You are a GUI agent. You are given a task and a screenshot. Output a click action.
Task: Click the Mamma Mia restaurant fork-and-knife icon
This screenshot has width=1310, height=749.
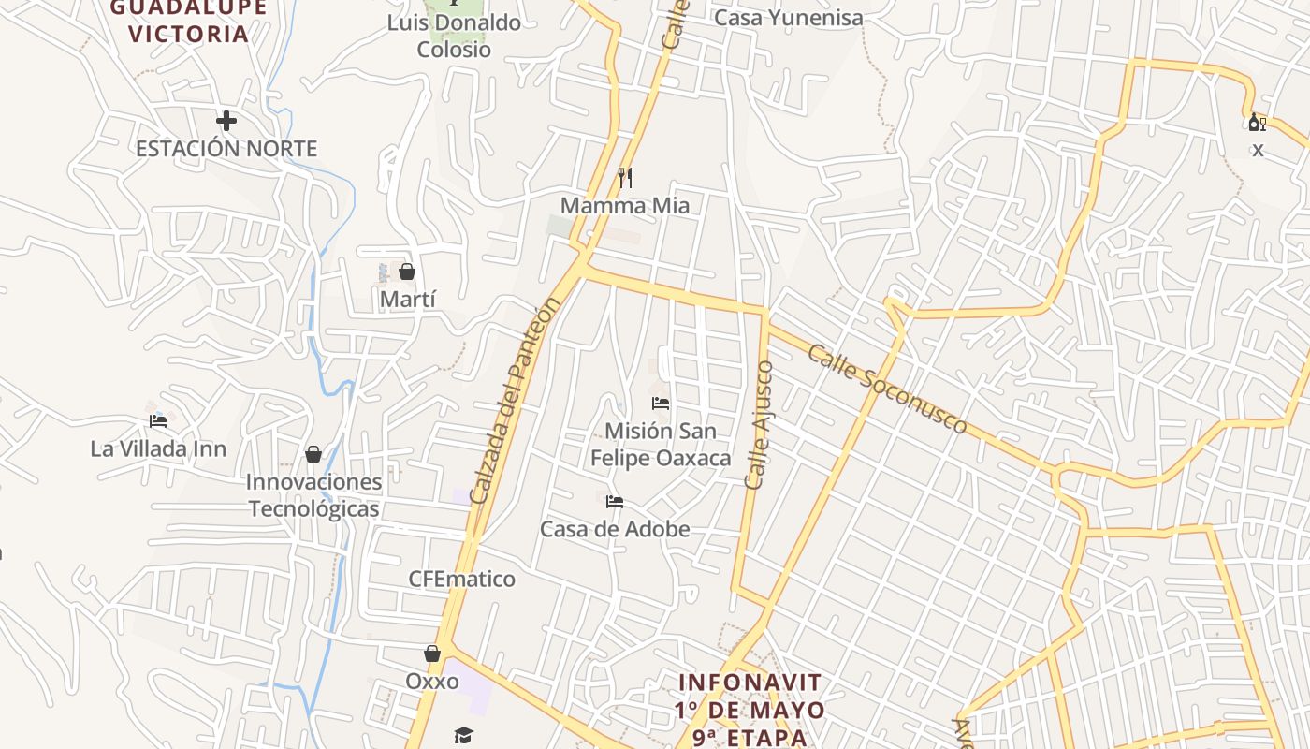[x=625, y=177]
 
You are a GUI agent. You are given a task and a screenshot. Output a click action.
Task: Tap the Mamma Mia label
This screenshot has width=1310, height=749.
[x=625, y=205]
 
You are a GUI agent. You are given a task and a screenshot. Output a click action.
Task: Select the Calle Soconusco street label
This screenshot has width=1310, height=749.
[x=887, y=389]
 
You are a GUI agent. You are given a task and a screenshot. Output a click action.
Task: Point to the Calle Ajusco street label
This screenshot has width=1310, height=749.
[x=760, y=424]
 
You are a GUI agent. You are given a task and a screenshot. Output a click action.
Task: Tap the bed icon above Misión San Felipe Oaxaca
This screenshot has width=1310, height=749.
[x=661, y=404]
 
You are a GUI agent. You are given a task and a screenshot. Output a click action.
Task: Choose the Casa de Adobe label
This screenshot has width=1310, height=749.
[x=615, y=529]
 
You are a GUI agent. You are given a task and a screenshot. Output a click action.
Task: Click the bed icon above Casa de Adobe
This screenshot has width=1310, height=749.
[x=615, y=502]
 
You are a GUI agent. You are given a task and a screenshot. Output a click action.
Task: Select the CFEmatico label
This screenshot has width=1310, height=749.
[x=461, y=579]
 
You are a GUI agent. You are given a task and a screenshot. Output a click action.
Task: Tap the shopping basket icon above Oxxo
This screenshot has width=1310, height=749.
[x=432, y=654]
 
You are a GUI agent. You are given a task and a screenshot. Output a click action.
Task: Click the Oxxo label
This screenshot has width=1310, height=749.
[x=432, y=681]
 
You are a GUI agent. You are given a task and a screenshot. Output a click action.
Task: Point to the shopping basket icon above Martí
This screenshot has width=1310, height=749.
[x=407, y=272]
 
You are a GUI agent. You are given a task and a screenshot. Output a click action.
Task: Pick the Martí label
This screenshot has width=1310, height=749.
[x=408, y=300]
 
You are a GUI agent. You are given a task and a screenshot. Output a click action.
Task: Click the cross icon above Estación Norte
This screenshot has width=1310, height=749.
[x=226, y=121]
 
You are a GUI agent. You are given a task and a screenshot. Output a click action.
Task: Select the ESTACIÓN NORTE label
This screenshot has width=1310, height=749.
[x=226, y=149]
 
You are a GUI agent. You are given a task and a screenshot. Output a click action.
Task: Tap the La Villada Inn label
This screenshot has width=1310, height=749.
[x=158, y=449]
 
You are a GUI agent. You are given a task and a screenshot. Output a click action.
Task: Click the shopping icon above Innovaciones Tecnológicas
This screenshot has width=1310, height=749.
[x=313, y=454]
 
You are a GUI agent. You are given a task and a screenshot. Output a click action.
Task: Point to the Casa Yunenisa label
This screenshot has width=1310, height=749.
[x=789, y=18]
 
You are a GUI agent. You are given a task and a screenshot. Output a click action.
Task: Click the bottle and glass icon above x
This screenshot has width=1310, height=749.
[x=1258, y=122]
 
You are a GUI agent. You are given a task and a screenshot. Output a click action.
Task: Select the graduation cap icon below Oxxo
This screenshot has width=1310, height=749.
[x=463, y=735]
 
